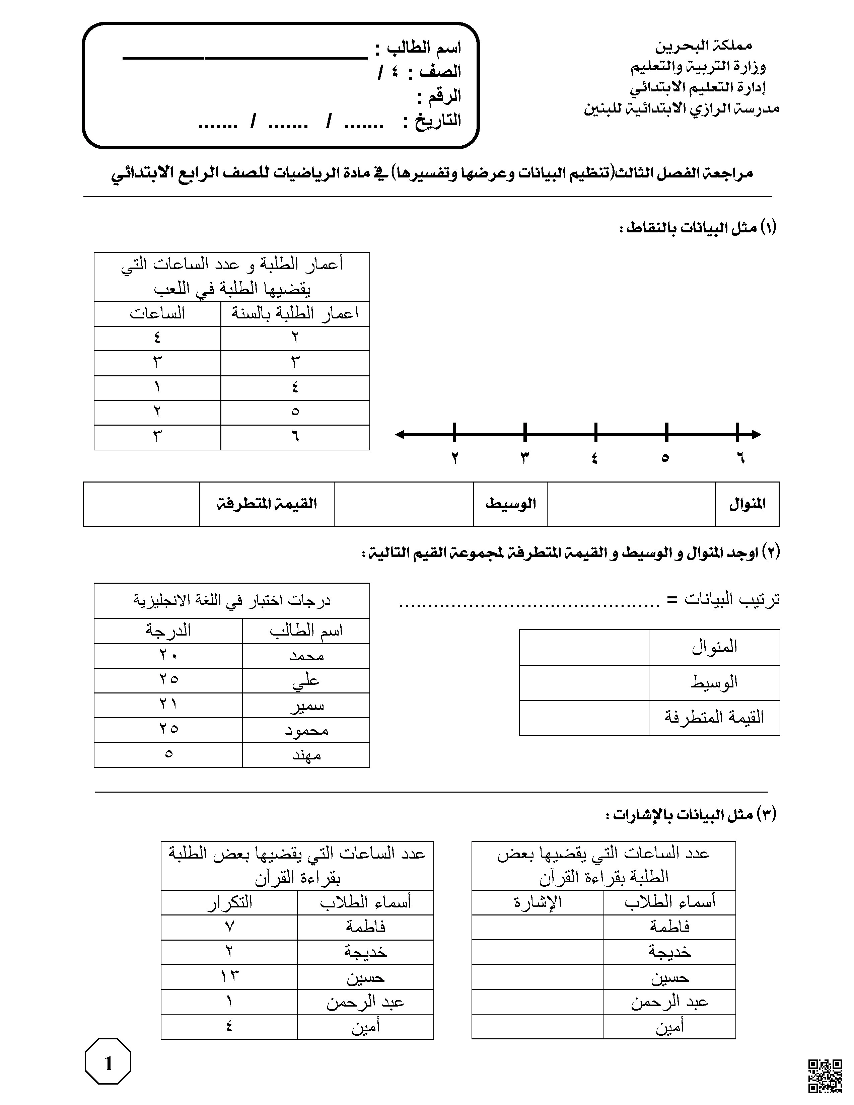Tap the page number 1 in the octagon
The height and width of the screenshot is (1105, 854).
click(108, 1064)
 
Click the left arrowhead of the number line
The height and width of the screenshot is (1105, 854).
click(400, 434)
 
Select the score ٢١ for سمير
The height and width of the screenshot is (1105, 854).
click(168, 705)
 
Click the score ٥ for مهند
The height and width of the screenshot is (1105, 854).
click(168, 755)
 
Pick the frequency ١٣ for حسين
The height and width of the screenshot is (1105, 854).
click(229, 976)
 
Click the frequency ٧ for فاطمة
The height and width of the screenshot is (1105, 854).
click(229, 927)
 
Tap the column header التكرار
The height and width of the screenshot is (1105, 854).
click(229, 902)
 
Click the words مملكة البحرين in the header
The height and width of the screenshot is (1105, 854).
click(704, 46)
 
